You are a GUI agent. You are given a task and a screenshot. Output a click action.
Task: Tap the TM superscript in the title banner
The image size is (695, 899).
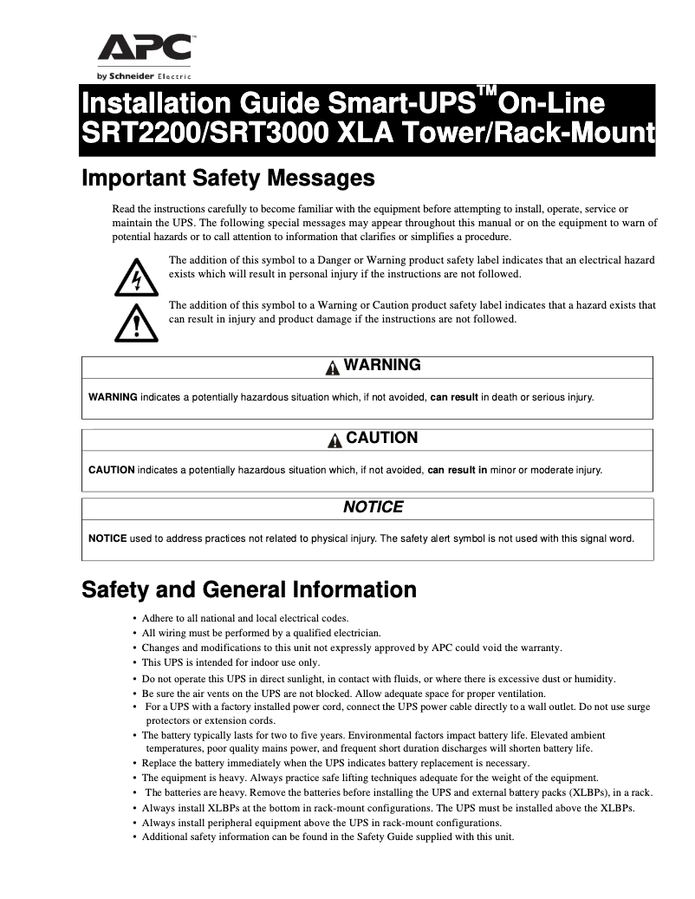pyautogui.click(x=488, y=94)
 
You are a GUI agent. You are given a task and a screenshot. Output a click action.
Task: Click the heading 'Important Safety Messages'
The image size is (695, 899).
pyautogui.click(x=228, y=179)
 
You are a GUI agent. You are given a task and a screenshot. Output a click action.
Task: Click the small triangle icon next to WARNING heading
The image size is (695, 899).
pyautogui.click(x=333, y=368)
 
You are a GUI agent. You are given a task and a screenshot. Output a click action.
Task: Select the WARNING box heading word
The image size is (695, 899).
pyautogui.click(x=382, y=366)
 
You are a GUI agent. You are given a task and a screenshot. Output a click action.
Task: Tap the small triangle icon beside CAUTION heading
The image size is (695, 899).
pyautogui.click(x=335, y=440)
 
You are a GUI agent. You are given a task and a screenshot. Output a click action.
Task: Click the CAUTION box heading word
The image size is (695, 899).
pyautogui.click(x=381, y=439)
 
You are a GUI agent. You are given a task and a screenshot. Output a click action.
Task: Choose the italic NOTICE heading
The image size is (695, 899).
pyautogui.click(x=373, y=507)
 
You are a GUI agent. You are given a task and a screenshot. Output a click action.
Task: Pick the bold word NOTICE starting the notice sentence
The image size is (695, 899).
pyautogui.click(x=107, y=537)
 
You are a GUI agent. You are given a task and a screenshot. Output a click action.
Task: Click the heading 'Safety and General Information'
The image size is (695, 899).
pyautogui.click(x=249, y=590)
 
